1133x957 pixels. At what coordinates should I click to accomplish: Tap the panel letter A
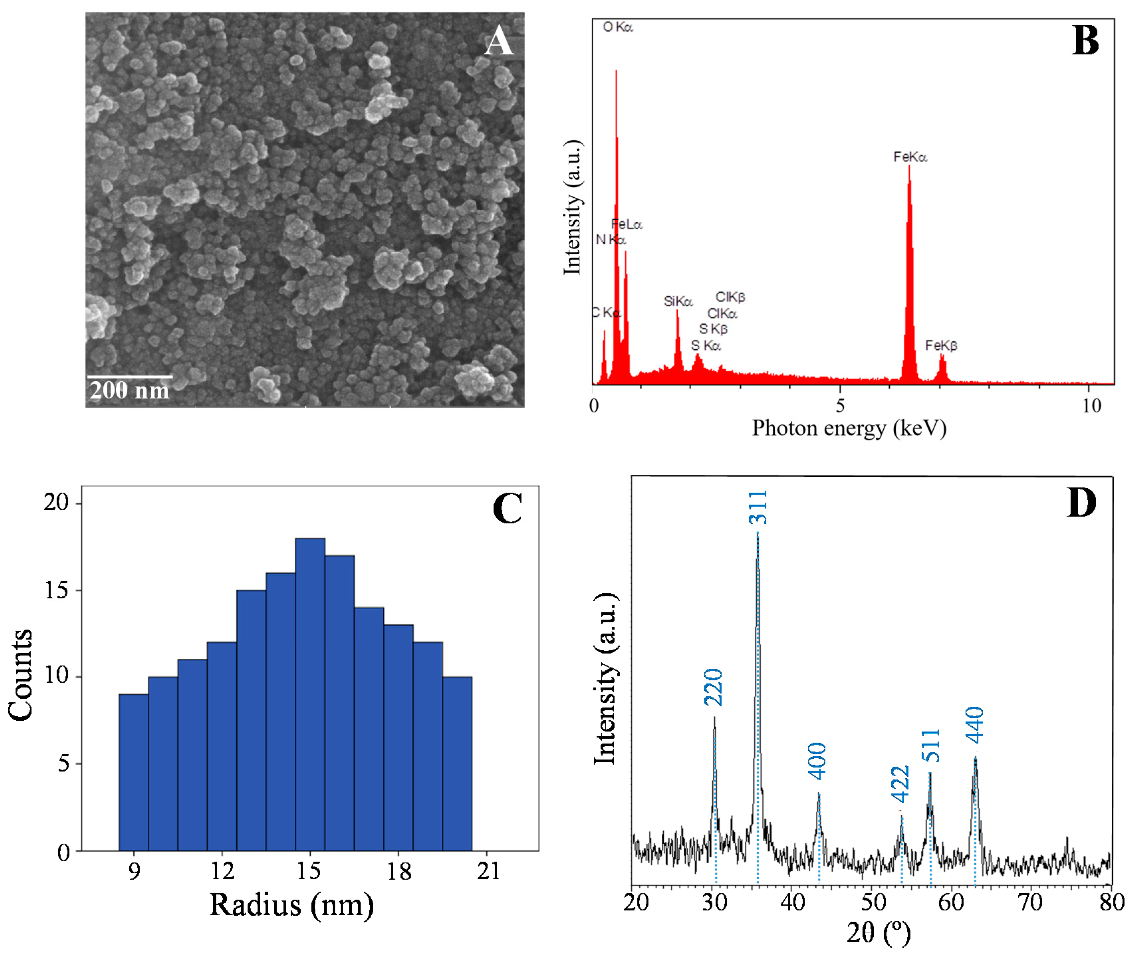coord(498,42)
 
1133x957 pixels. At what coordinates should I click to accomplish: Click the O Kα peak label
coord(618,27)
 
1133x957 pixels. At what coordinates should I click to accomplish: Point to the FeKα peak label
coord(910,157)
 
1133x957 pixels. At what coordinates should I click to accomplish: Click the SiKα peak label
coord(678,301)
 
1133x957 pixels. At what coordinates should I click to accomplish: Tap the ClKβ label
coord(730,297)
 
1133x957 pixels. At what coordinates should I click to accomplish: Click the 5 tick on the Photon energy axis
coord(840,405)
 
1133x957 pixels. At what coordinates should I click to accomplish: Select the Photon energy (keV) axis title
coord(849,428)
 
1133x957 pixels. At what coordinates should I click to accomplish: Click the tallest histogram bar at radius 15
coord(310,694)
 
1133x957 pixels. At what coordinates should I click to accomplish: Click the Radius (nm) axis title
coord(291,904)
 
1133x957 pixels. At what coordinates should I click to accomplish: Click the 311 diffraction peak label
coord(758,507)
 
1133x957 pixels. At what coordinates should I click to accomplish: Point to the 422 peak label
coord(900,783)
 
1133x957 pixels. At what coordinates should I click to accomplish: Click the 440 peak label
coord(974,725)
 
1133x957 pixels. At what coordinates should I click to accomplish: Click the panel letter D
coord(1080,502)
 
